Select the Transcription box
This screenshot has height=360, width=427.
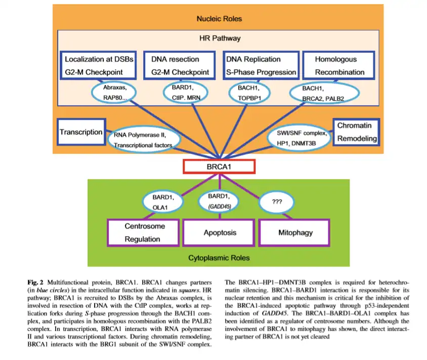point(81,132)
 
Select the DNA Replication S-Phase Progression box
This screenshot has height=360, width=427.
point(261,66)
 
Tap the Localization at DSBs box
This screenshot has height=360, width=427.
point(99,66)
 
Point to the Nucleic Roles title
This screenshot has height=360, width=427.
point(219,19)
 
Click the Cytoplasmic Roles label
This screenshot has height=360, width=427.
point(219,258)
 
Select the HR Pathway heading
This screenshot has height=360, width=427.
point(219,38)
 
